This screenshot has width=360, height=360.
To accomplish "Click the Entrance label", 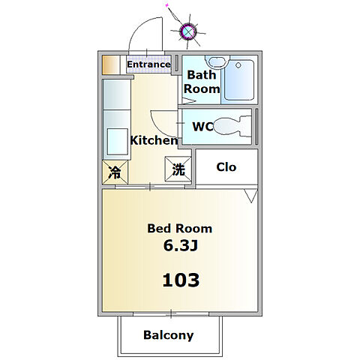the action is [148, 64].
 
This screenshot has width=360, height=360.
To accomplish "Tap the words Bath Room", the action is [202, 82].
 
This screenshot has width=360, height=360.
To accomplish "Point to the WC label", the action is [202, 127].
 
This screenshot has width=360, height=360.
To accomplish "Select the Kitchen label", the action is [154, 140].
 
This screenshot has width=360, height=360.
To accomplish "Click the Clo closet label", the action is [226, 167].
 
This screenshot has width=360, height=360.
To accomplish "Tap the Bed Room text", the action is [179, 229].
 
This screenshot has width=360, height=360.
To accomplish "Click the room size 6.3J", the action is [181, 245].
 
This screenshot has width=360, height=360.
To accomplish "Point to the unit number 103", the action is [181, 280].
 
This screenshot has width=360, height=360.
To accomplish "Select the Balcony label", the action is [168, 335].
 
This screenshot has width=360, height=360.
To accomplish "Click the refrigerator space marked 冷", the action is [115, 172].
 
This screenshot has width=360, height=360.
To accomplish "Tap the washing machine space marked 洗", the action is [178, 169].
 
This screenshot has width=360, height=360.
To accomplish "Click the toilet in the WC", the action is [232, 126].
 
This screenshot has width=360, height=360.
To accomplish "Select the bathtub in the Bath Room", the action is [239, 80].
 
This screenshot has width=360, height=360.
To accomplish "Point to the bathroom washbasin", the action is [217, 61].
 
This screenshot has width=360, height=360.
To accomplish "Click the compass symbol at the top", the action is [188, 31].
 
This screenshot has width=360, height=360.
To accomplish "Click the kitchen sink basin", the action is [118, 142].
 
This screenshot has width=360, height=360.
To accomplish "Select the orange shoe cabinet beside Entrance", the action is [110, 65].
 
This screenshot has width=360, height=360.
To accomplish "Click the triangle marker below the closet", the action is [251, 196].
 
